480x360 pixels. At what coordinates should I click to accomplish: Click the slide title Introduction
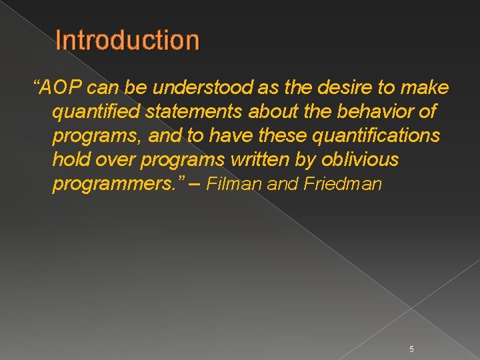tap(127, 41)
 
